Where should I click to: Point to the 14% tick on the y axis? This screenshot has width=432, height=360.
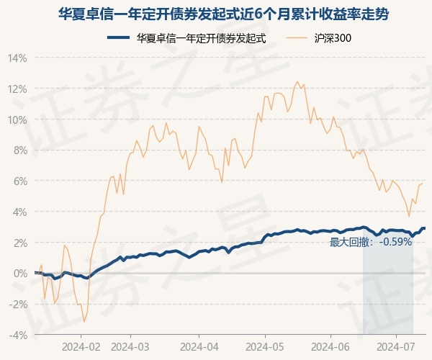(x=18, y=58)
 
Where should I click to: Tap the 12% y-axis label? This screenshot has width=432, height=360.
(x=18, y=89)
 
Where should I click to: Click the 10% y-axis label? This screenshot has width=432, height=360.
(x=18, y=120)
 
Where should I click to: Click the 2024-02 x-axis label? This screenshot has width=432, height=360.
(x=81, y=347)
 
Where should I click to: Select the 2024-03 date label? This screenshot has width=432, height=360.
(x=130, y=347)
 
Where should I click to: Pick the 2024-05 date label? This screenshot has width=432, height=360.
(x=264, y=347)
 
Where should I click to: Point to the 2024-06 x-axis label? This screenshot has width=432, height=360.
(x=330, y=347)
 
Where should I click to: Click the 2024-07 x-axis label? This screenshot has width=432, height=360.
(x=397, y=347)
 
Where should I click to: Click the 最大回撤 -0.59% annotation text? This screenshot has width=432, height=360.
(x=371, y=242)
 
